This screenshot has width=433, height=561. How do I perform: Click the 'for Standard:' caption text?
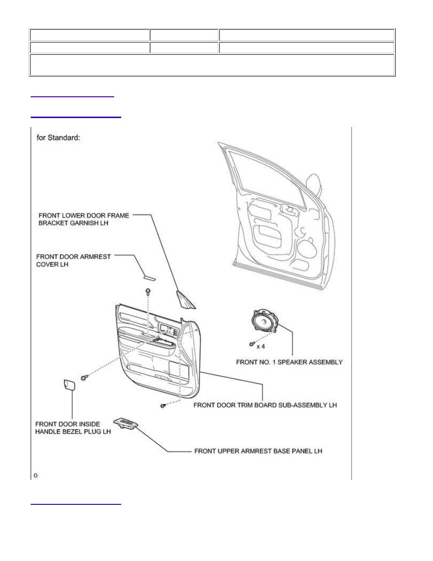[58, 137]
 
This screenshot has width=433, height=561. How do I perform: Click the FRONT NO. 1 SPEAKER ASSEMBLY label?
[289, 362]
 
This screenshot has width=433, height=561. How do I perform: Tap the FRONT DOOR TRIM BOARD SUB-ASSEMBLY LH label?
[265, 405]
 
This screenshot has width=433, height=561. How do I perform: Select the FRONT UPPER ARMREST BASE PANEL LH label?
[258, 451]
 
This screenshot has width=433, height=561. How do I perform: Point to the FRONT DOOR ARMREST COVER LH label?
[73, 261]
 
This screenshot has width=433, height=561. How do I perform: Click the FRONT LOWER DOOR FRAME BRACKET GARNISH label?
[83, 219]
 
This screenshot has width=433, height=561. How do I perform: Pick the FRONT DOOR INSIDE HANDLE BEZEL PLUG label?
[73, 428]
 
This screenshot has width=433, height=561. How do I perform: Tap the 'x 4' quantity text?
[261, 346]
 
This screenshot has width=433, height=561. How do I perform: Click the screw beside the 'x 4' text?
[252, 344]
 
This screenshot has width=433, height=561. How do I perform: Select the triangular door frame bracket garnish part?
[185, 300]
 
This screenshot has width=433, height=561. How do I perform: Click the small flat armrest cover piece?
[149, 277]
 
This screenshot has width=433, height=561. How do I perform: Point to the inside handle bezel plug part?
[68, 384]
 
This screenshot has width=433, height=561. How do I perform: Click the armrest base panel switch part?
[126, 423]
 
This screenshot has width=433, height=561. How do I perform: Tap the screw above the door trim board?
[148, 291]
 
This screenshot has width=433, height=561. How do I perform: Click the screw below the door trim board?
[163, 406]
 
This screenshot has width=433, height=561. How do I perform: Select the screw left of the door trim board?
[84, 377]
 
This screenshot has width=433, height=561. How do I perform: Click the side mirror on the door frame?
[316, 183]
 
